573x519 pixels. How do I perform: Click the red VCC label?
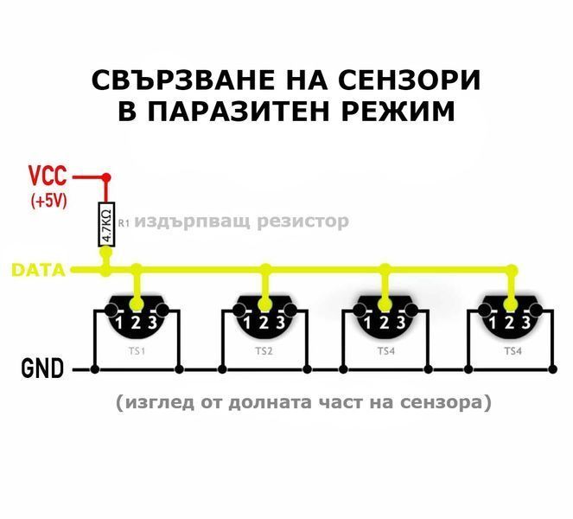pos(47,177)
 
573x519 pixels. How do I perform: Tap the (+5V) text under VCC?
pos(48,201)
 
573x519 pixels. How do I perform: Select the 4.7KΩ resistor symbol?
pos(106,224)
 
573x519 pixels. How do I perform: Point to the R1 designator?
pos(123,222)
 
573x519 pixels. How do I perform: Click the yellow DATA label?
pos(38,271)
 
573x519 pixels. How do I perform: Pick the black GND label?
pos(41,370)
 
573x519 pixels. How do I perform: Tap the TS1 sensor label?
pos(137,352)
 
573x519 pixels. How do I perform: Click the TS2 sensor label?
pos(264,352)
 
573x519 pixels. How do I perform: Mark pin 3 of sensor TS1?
pos(153,324)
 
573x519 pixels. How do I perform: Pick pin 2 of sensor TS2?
pos(264,324)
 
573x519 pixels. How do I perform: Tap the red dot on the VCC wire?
pos(106,177)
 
